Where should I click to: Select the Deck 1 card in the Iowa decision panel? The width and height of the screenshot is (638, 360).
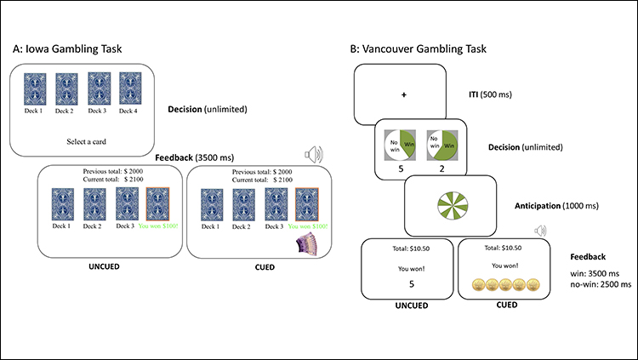[34, 89]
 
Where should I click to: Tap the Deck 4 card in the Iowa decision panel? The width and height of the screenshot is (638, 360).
[129, 89]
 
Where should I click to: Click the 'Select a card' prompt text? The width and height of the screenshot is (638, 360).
[82, 139]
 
